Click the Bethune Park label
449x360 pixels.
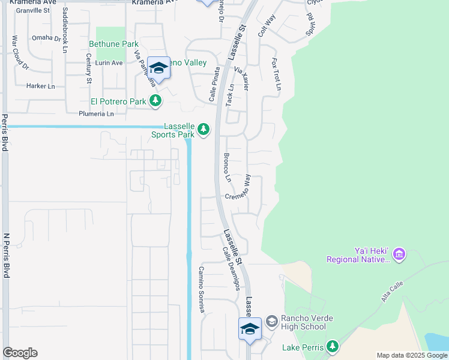(113, 44)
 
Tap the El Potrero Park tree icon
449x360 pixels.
(155, 101)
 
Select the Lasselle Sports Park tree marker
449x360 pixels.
(204, 130)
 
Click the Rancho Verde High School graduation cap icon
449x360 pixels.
(271, 322)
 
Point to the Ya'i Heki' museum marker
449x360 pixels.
(399, 255)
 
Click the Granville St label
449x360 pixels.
(34, 10)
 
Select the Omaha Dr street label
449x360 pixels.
(47, 37)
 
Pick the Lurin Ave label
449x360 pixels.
(108, 62)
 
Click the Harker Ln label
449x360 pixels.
(40, 86)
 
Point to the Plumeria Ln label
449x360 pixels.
(96, 113)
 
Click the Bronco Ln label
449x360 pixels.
(227, 167)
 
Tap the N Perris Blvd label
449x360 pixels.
(7, 255)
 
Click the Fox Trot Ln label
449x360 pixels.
(276, 74)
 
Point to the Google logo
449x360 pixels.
(20, 353)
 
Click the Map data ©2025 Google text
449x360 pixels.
(411, 355)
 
